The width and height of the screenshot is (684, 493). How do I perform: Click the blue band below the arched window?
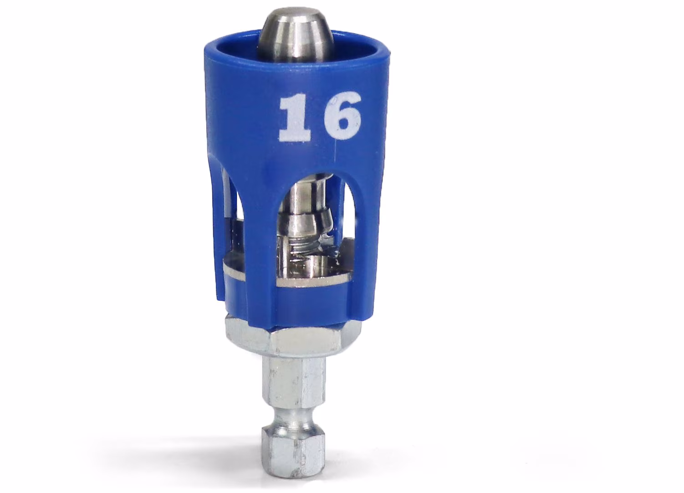click(x=291, y=298)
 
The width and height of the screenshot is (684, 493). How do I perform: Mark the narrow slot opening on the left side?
click(x=230, y=214)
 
